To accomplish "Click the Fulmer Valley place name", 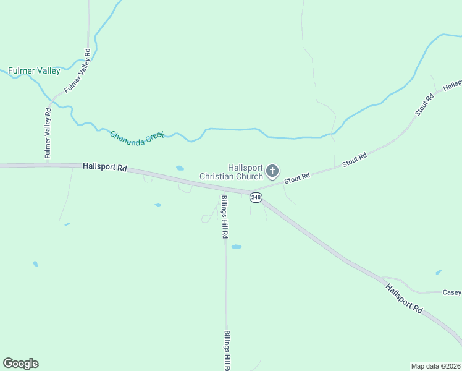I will click(x=34, y=71).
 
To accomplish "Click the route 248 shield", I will click(x=256, y=197).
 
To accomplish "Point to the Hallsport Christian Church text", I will click(x=232, y=172).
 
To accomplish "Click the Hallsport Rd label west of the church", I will click(x=104, y=167).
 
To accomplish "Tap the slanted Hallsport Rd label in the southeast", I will click(x=404, y=299).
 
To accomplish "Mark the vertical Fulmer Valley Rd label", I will click(x=48, y=134).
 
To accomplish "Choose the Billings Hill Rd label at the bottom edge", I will click(x=227, y=349).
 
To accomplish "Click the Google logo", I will click(x=20, y=364).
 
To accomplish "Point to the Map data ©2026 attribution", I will click(x=435, y=365).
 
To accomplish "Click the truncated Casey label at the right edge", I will click(x=451, y=292).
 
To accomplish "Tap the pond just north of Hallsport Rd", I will click(x=180, y=168).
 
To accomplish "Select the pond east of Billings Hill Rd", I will click(x=236, y=247).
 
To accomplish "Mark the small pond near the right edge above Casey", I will click(x=439, y=271).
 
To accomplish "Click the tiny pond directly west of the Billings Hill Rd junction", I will click(x=158, y=205).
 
